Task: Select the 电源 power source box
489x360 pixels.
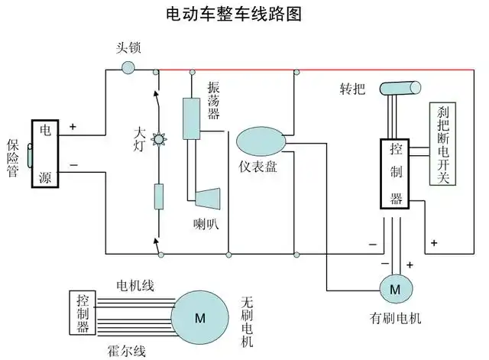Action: pos(45,154)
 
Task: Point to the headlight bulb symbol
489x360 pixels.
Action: pos(158,140)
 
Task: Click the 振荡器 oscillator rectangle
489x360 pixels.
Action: pos(190,118)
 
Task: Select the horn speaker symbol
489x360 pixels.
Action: pos(206,197)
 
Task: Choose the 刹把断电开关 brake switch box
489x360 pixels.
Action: pos(442,144)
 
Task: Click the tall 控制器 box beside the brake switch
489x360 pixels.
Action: pos(396,174)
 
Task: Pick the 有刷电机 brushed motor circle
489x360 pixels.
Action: pos(395,289)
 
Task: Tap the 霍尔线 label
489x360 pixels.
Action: pos(126,351)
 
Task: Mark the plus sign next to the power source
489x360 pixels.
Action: pos(73,127)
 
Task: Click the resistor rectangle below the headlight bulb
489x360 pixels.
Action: pos(159,196)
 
